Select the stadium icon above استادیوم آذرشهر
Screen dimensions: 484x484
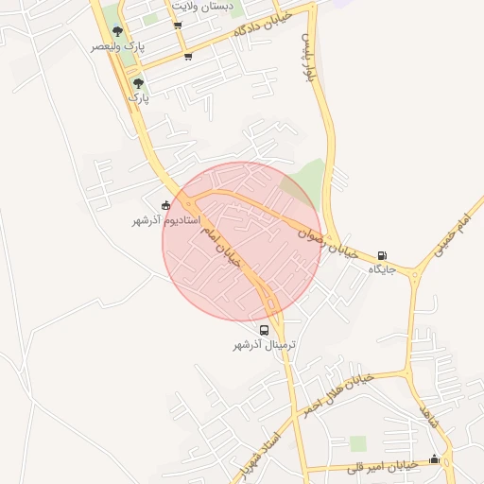(x=166, y=206)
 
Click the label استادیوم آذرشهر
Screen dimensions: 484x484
(x=160, y=220)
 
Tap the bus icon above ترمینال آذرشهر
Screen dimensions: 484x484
(x=265, y=331)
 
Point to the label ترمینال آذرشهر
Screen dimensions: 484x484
(x=265, y=346)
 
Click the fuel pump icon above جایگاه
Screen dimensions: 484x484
(x=382, y=255)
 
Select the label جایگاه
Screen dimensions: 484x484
(x=381, y=269)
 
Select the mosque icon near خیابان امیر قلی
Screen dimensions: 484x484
(x=434, y=459)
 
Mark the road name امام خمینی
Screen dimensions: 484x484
(x=448, y=235)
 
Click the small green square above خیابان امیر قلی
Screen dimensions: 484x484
(x=357, y=443)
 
